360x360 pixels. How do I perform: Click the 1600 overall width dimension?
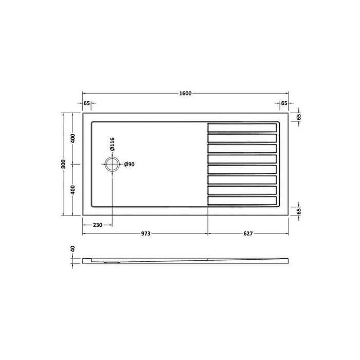click(x=185, y=93)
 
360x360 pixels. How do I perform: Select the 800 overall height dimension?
click(x=63, y=164)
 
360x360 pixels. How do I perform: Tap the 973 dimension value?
click(x=145, y=234)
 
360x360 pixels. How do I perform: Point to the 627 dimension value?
click(x=247, y=234)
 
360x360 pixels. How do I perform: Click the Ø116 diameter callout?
click(x=112, y=145)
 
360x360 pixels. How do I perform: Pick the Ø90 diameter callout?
click(x=129, y=165)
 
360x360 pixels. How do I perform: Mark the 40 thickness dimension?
click(x=73, y=249)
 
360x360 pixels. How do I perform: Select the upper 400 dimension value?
click(x=73, y=138)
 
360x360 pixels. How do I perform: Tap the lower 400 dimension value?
click(x=73, y=190)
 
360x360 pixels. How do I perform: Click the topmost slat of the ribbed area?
click(x=242, y=127)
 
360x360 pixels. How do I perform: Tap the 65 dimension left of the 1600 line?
click(x=86, y=103)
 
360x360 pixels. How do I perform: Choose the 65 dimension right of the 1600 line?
click(x=284, y=103)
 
